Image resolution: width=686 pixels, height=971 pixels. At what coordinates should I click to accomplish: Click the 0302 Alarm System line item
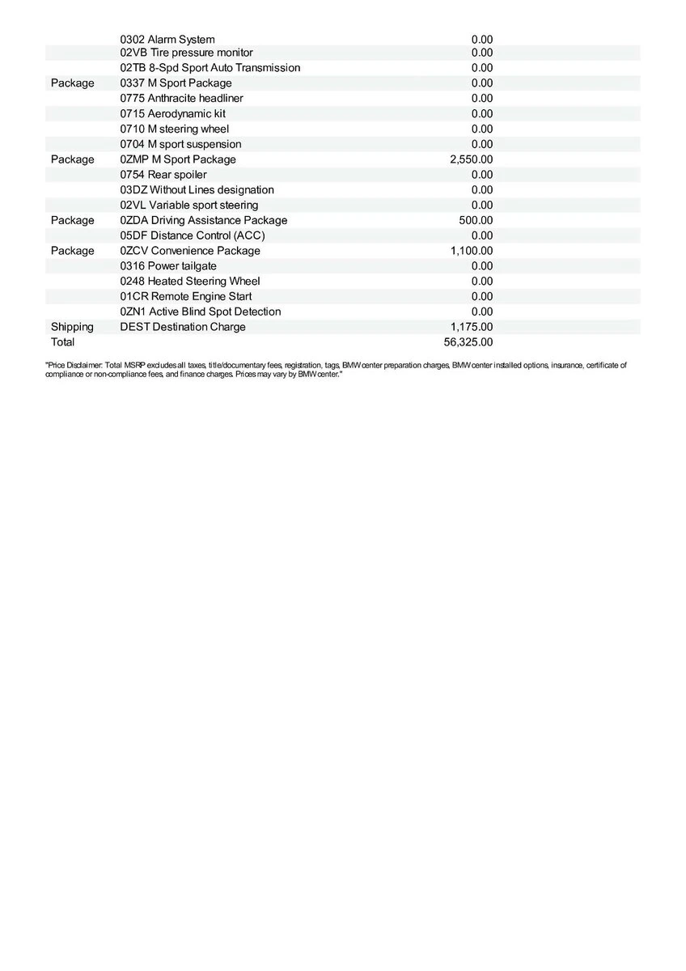(167, 39)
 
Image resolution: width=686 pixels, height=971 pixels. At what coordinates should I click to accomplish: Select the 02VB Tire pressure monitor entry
(186, 53)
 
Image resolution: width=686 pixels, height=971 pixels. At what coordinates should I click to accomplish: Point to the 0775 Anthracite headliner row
(181, 98)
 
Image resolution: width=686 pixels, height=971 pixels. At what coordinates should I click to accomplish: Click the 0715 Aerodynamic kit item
(172, 113)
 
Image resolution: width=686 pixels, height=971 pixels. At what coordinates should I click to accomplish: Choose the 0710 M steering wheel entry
(174, 129)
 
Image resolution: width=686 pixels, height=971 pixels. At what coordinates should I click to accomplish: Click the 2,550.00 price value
(471, 159)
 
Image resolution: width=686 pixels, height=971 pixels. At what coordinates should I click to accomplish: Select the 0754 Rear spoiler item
(163, 174)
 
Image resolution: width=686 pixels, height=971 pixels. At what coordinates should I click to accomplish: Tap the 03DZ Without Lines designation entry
(197, 189)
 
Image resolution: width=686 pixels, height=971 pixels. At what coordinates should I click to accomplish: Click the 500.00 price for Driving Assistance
(476, 220)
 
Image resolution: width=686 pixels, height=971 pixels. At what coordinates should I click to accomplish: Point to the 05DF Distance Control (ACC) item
(192, 235)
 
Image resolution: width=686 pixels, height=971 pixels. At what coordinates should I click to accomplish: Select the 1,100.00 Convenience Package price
(471, 251)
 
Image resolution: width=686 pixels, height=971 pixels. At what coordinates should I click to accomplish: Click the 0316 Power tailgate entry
(168, 265)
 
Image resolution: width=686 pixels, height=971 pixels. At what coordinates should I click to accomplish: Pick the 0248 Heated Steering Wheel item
(189, 281)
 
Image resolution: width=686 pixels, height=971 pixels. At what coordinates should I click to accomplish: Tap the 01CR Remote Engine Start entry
(185, 296)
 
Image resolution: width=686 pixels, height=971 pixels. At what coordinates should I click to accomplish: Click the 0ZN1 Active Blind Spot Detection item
(200, 312)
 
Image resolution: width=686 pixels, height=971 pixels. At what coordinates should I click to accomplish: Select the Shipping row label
(72, 327)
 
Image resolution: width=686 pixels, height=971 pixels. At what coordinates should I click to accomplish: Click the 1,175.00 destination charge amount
(471, 327)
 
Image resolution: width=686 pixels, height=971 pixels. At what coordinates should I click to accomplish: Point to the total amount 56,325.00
(468, 342)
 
